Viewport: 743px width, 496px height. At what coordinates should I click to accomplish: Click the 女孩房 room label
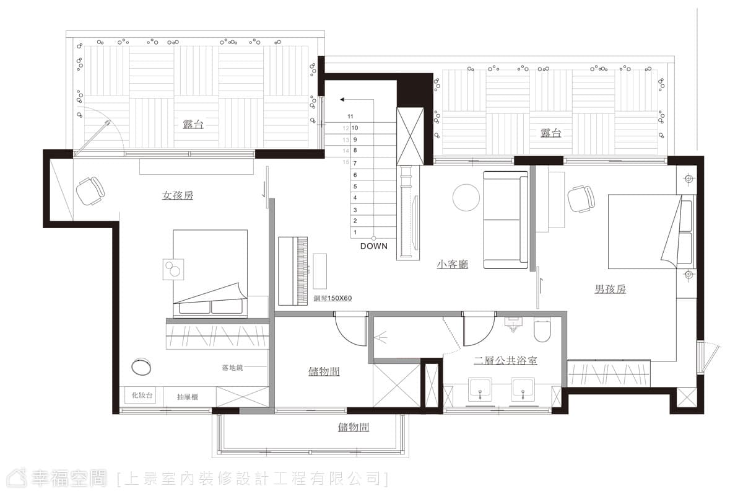tap(178, 195)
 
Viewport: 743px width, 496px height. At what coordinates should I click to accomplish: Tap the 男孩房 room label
tap(610, 289)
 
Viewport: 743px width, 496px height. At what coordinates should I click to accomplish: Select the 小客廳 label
tap(452, 264)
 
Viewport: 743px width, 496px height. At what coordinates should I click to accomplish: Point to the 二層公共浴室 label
tap(505, 360)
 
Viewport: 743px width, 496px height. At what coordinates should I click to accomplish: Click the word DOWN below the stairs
tap(374, 246)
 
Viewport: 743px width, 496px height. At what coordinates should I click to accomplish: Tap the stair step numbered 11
tap(350, 117)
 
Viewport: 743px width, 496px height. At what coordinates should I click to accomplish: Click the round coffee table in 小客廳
tap(466, 198)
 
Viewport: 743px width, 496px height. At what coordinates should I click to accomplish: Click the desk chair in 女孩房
tap(90, 191)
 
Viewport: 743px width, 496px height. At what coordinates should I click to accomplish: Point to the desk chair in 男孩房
tap(581, 198)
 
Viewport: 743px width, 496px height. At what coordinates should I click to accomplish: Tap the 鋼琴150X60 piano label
tap(332, 298)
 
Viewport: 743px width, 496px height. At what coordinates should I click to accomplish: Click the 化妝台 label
tap(142, 395)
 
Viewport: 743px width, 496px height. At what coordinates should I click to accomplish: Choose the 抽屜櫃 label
tap(188, 397)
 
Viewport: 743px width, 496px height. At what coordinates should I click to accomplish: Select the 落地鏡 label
tap(232, 368)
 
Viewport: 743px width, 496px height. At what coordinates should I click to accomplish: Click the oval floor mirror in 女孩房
tap(141, 367)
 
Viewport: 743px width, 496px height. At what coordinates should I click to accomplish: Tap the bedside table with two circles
tap(173, 270)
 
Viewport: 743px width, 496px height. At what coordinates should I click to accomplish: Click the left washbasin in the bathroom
tap(480, 389)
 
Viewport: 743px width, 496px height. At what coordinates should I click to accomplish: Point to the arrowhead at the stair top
tap(342, 99)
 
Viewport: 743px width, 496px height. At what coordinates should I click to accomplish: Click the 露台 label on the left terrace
tap(193, 125)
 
